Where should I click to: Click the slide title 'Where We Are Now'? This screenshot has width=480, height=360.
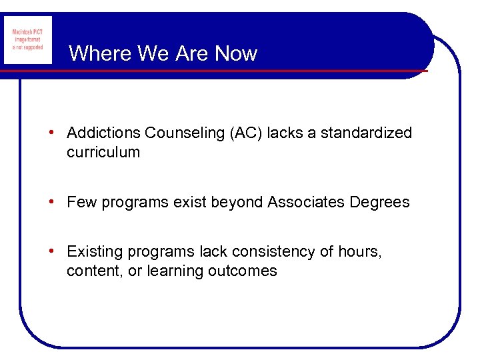pos(163,53)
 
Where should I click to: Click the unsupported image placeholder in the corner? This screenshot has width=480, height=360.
pos(27,39)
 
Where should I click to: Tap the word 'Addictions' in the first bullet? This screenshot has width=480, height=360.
pos(104,133)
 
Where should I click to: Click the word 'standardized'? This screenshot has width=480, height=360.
pos(367,133)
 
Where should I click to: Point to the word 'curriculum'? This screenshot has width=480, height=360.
pos(103,152)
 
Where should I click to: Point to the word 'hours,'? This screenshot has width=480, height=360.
pos(361,251)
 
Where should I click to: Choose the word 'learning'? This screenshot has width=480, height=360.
pos(174,272)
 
